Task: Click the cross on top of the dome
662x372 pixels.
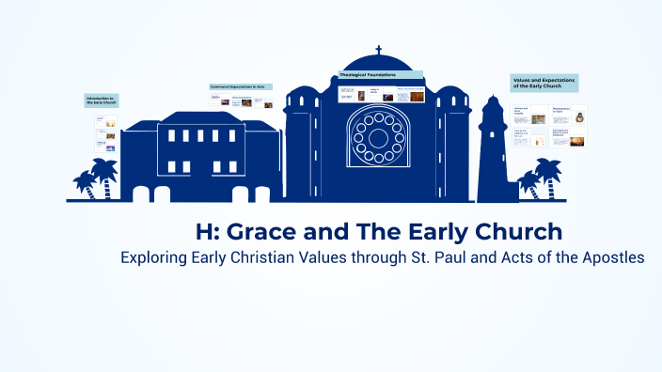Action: pos(379,50)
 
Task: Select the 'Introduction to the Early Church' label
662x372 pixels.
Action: pos(102,100)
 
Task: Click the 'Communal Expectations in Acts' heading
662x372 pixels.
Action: pos(243,86)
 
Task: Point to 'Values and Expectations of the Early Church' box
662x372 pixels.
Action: pos(544,83)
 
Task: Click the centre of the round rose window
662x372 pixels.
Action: pos(379,139)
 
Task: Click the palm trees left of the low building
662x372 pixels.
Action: pos(96,178)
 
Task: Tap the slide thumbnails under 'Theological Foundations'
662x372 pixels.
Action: pos(380,95)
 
